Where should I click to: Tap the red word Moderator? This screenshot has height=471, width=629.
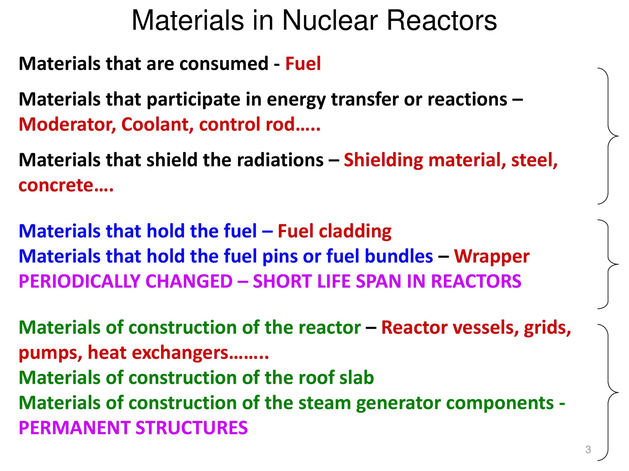pos(67,125)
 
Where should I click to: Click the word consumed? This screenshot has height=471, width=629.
pos(224,64)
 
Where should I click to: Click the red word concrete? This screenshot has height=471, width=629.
pos(56,186)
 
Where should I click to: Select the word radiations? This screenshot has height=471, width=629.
pos(280,160)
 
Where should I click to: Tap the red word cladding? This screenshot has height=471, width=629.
pos(355,231)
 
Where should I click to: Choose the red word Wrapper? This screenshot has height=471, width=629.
pos(492,257)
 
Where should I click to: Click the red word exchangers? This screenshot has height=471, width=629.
pos(181,353)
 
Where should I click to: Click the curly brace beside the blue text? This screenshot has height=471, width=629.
pos(609,264)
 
